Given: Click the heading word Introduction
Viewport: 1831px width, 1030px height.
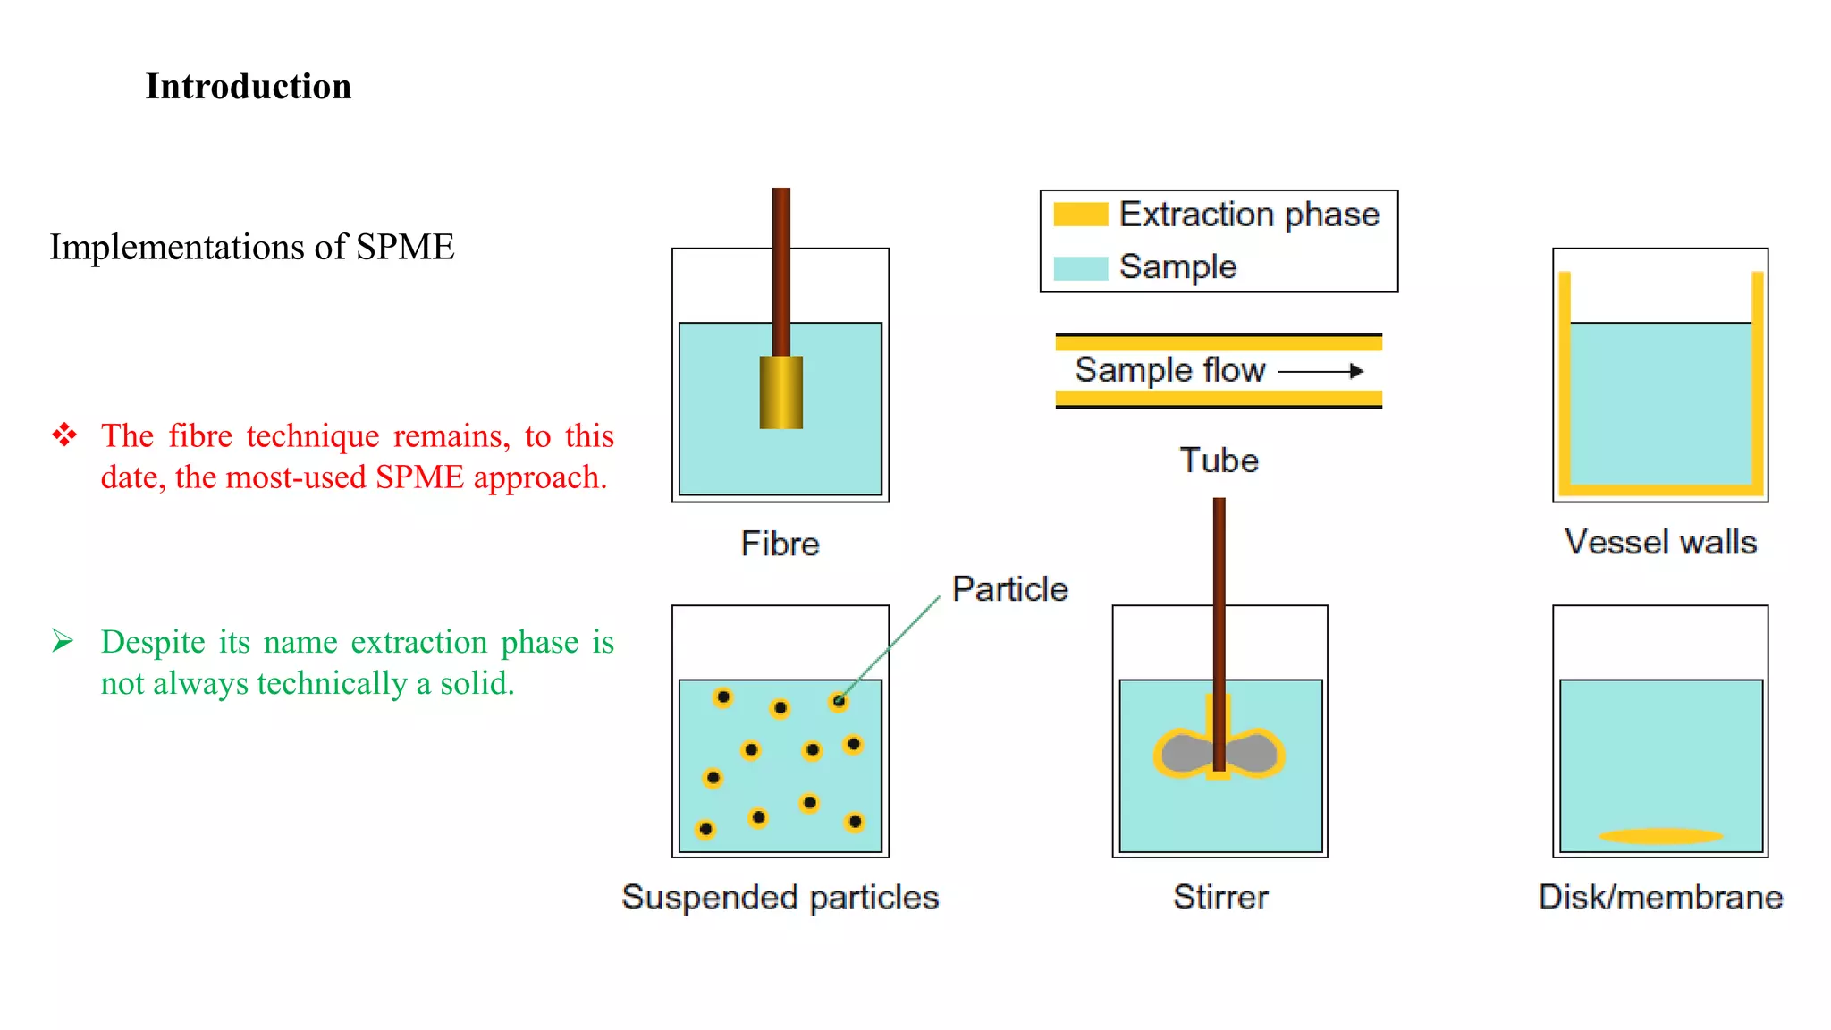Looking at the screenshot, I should coord(249,87).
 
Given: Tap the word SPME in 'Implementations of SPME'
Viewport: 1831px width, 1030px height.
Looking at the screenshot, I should coord(405,247).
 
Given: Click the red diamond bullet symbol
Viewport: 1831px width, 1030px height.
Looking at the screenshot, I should coord(64,435).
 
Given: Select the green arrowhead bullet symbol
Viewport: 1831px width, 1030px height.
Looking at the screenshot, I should coord(63,641).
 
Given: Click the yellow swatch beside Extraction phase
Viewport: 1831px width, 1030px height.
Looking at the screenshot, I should coord(1080,215).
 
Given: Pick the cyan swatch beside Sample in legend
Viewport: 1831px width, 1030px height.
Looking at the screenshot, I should coord(1080,267).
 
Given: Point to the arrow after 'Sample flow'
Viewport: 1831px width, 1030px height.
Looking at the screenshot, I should coord(1321,371).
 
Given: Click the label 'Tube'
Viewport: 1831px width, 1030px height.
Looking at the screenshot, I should coord(1219,460).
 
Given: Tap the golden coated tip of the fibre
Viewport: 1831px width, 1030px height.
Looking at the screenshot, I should coord(780,393).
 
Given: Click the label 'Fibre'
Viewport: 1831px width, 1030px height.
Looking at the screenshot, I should coord(780,544).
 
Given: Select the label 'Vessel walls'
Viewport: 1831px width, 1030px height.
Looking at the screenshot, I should coord(1660,542).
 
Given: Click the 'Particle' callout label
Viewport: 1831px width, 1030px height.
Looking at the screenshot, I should coord(1009,589).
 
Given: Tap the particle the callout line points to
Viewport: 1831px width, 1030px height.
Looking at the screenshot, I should coord(839,701).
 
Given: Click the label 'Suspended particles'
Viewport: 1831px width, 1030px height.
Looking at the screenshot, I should coord(780,897).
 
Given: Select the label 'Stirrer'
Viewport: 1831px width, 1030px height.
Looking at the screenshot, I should coord(1220,897).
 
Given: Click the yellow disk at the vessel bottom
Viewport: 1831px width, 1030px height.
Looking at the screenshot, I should coord(1660,837).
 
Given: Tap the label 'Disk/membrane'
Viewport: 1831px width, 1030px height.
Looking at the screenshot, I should coord(1660,897).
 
